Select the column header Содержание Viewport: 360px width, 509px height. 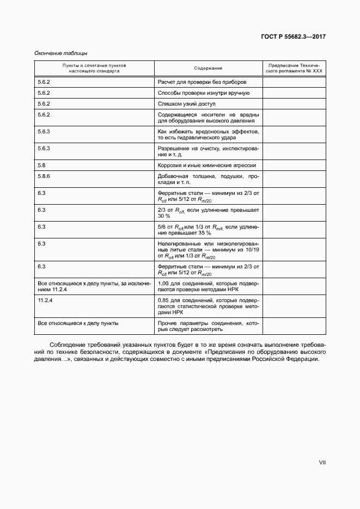[208, 68]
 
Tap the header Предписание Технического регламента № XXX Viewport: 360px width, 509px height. [294, 68]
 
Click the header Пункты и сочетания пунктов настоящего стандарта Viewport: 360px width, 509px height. [94, 68]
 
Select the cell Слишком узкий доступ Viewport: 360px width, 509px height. [187, 103]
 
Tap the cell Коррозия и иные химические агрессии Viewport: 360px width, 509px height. [206, 165]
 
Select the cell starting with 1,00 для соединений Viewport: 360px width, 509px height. [208, 287]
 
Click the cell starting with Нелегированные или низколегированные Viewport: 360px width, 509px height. [208, 249]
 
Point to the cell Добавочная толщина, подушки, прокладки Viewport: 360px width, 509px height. [208, 180]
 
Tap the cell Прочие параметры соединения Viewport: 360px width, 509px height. [208, 326]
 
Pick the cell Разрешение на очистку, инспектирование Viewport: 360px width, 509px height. [208, 151]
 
